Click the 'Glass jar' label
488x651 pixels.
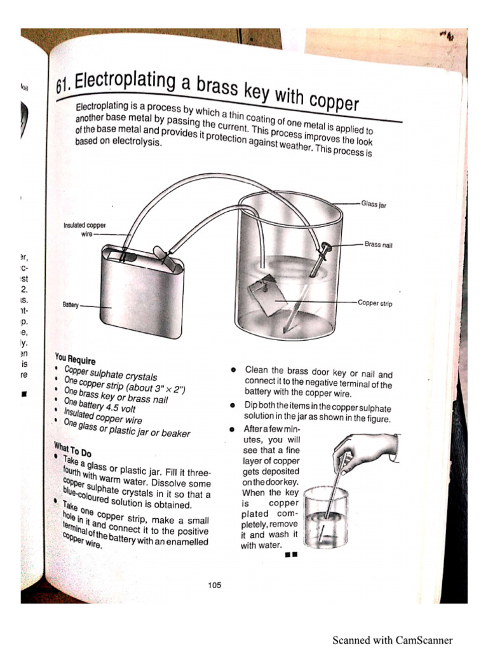pyautogui.click(x=374, y=204)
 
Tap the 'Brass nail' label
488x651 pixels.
pyautogui.click(x=378, y=244)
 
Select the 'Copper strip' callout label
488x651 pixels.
pyautogui.click(x=375, y=303)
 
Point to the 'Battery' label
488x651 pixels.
pyautogui.click(x=70, y=305)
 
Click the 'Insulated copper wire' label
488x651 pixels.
pyautogui.click(x=84, y=229)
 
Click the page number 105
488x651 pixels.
pyautogui.click(x=214, y=586)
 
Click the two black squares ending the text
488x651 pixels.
pyautogui.click(x=292, y=555)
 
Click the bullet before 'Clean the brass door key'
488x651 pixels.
pyautogui.click(x=234, y=370)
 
